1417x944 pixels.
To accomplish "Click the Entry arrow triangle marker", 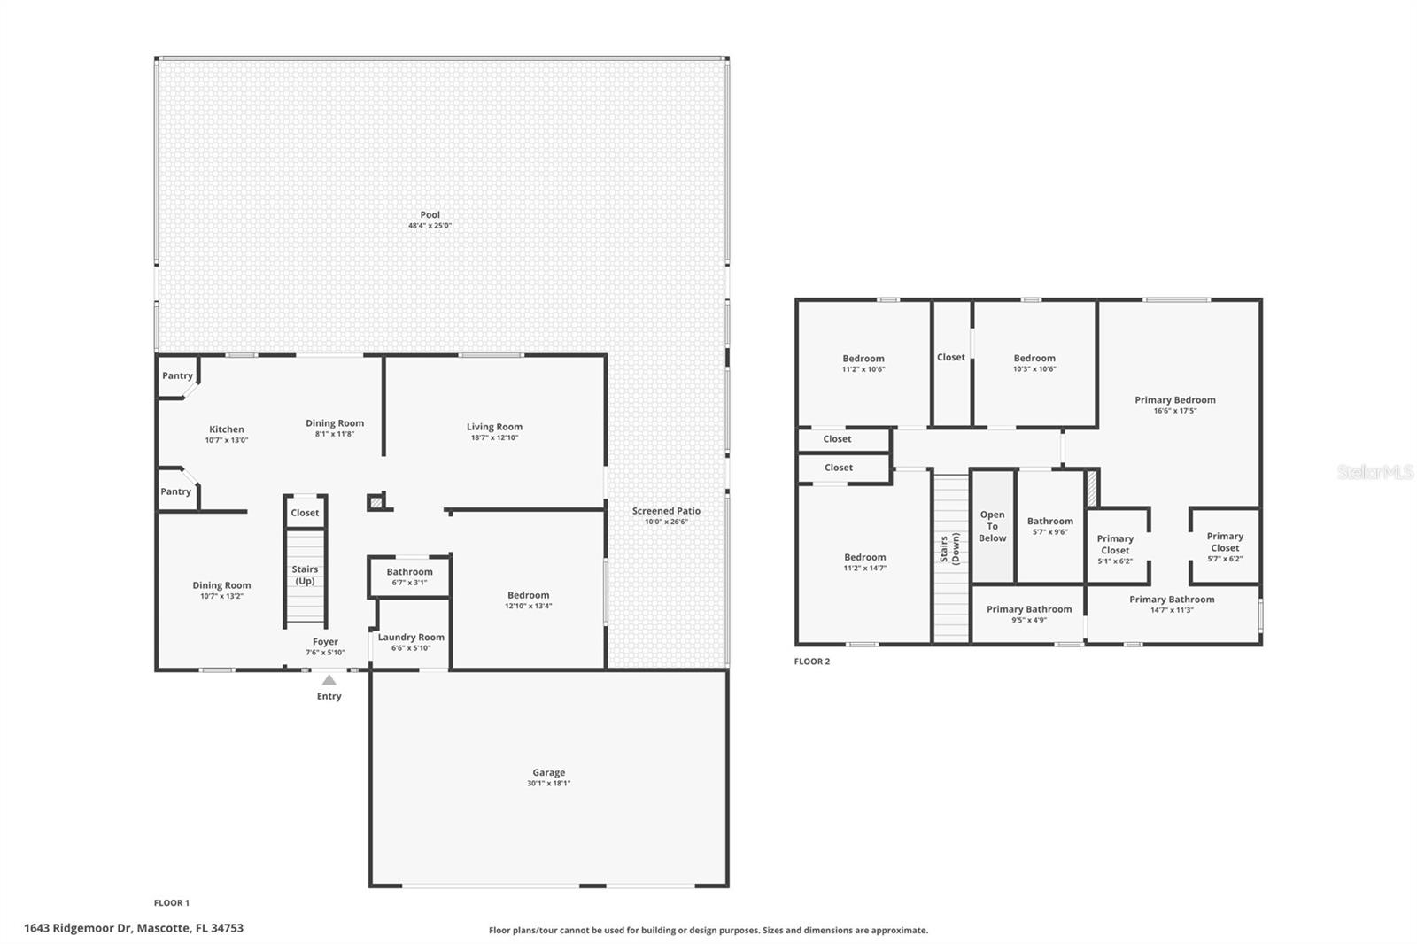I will click(329, 680).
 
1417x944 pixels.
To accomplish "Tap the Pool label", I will click(430, 214).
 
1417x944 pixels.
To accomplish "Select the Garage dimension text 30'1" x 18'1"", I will click(549, 784).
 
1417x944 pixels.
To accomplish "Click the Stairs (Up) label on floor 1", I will click(305, 575).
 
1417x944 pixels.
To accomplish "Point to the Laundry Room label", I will click(411, 637).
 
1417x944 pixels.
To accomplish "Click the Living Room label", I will click(494, 427).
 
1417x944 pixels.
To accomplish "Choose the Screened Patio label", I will click(666, 511).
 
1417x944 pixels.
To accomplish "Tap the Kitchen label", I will click(227, 429).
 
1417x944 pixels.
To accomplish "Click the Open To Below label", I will click(992, 526).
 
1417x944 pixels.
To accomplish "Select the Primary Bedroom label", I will click(1174, 400).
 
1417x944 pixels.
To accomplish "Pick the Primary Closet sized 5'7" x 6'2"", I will click(1225, 542).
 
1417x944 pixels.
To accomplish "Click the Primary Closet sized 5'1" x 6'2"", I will click(1115, 545).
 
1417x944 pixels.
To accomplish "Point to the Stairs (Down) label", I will click(949, 549).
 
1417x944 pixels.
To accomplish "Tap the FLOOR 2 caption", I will click(811, 662).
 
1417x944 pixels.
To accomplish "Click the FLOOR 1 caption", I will click(172, 903).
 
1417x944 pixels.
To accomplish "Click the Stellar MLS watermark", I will click(1374, 473).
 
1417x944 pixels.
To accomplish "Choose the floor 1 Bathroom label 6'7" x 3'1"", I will click(409, 572).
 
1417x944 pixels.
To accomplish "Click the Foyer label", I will click(325, 642).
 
